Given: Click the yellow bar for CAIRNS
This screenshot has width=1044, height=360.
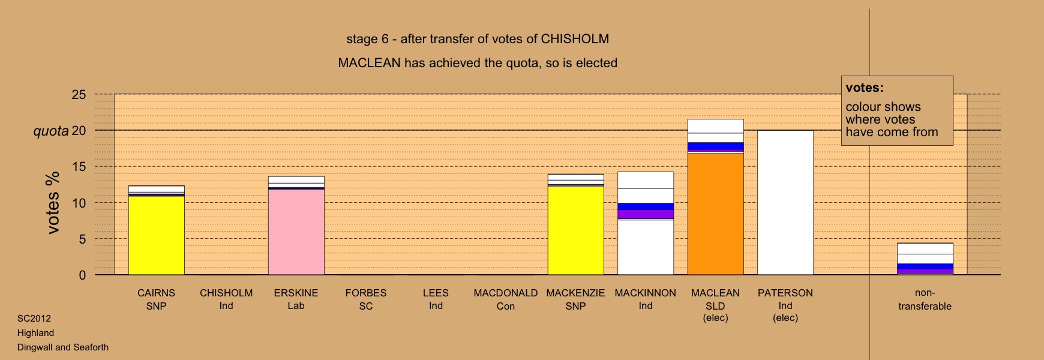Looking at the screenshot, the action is click(157, 235).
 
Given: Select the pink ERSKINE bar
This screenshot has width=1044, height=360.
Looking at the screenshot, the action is click(296, 232).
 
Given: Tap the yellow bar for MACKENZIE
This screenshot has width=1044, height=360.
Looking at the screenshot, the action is click(575, 230).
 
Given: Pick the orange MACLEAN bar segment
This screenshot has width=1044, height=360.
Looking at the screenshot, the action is click(715, 214).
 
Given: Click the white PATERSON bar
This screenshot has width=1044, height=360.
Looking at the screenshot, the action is click(785, 203).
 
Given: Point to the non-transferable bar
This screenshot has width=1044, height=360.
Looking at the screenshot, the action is click(925, 259).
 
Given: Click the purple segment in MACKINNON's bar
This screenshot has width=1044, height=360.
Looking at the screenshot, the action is click(646, 214).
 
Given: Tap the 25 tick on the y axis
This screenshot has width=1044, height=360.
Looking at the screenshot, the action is click(79, 95).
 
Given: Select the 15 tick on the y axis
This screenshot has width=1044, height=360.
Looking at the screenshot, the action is click(79, 167).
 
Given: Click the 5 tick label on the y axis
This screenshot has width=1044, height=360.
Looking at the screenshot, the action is click(83, 239).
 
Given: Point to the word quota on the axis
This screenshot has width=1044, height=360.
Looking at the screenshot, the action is click(51, 131).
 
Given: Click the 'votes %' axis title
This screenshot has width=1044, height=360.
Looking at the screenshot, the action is click(53, 203).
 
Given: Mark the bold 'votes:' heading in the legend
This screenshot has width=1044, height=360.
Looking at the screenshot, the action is click(865, 88).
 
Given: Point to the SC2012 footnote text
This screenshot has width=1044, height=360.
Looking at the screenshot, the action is click(34, 319).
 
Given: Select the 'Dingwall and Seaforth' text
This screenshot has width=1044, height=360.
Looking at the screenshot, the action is click(63, 347).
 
